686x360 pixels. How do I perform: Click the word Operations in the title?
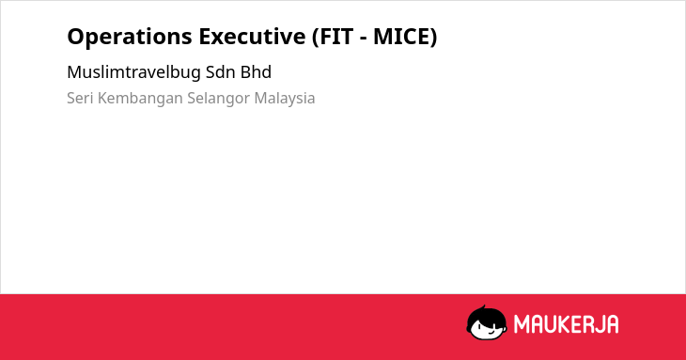point(130,37)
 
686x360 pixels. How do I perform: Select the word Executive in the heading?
point(252,37)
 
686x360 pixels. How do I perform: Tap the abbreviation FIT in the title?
point(336,37)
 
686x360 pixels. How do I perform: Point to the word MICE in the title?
point(400,37)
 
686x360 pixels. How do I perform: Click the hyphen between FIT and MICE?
point(364,39)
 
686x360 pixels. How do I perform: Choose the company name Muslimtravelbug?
point(133,72)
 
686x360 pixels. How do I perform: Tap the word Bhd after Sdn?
point(256,72)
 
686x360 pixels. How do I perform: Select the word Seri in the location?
point(80,98)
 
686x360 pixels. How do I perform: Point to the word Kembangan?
point(140,99)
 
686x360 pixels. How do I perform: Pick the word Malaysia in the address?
point(285,99)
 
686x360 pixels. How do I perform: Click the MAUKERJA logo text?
point(566,324)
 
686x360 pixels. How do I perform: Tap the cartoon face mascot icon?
point(487,322)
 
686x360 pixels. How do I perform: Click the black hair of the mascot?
point(486,315)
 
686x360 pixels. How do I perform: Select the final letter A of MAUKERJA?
point(612,324)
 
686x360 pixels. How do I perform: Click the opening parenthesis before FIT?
point(316,37)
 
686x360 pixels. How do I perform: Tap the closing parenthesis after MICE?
point(433,37)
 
